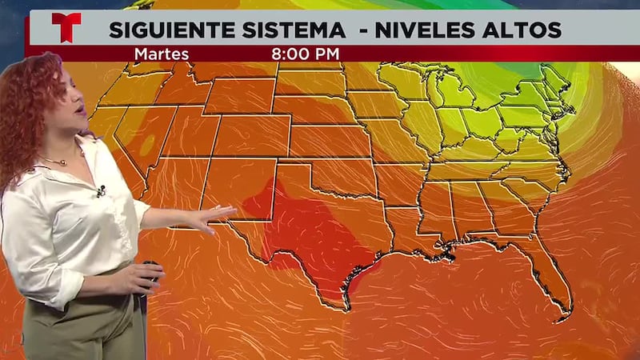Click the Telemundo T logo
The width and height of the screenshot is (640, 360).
66,27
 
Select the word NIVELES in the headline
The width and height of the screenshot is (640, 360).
425,30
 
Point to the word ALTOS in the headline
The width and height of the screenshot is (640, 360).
525,30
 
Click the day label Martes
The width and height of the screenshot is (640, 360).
162,54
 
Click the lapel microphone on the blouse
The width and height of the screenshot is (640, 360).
101,190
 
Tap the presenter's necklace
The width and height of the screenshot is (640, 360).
56,162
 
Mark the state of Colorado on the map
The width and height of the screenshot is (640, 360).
240,136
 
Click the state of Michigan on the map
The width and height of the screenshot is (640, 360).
456,92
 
